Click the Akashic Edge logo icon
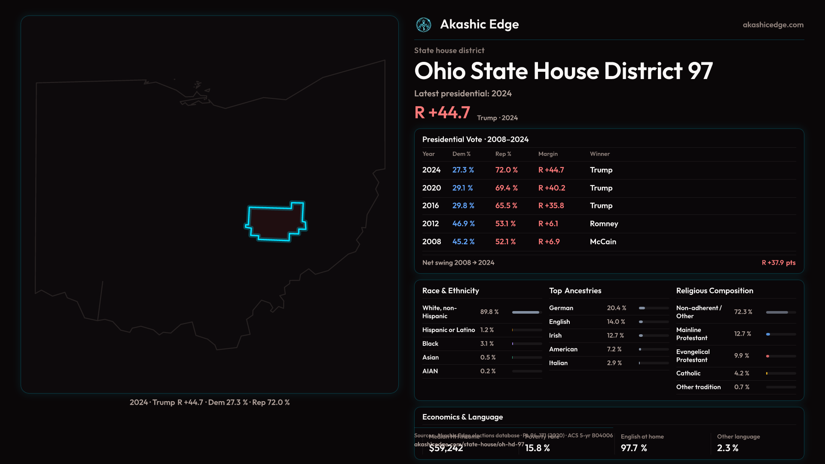coord(424,25)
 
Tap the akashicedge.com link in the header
coord(773,25)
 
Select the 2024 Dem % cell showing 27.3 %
coord(463,170)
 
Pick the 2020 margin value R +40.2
coord(552,188)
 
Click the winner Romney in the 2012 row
coord(604,224)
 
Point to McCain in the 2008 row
coord(603,242)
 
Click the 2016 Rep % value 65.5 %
coord(506,206)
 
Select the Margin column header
coord(548,154)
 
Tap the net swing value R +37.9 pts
coord(778,263)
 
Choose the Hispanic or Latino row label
coord(449,330)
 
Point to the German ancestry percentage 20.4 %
coord(617,308)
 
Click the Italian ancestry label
coord(558,363)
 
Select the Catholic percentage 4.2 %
coord(742,373)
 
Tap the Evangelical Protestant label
coord(693,356)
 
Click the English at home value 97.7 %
coord(634,448)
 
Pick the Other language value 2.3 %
coord(727,448)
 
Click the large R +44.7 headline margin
coord(442,113)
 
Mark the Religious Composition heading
coord(715,291)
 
